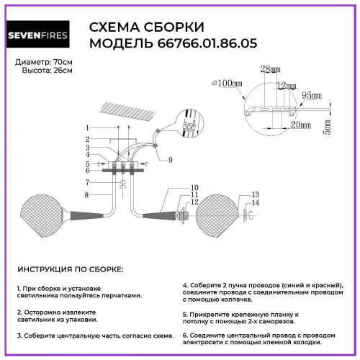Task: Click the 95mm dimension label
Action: [x=310, y=94]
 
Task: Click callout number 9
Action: [x=171, y=160]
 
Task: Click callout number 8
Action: [x=87, y=195]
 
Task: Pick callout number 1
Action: [x=87, y=127]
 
